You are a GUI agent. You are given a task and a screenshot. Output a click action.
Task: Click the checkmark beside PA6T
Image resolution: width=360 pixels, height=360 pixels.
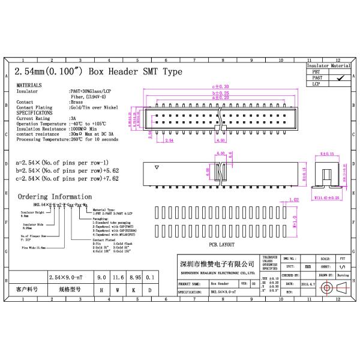341,77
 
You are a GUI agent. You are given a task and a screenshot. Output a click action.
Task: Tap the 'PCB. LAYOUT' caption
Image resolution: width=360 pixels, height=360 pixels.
222,245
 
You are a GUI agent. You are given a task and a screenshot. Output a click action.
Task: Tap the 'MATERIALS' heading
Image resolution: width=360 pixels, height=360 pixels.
30,86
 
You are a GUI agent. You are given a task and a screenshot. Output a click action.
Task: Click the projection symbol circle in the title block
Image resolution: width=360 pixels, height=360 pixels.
326,288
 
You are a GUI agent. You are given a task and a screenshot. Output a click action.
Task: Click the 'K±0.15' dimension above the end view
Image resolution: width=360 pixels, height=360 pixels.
328,154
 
